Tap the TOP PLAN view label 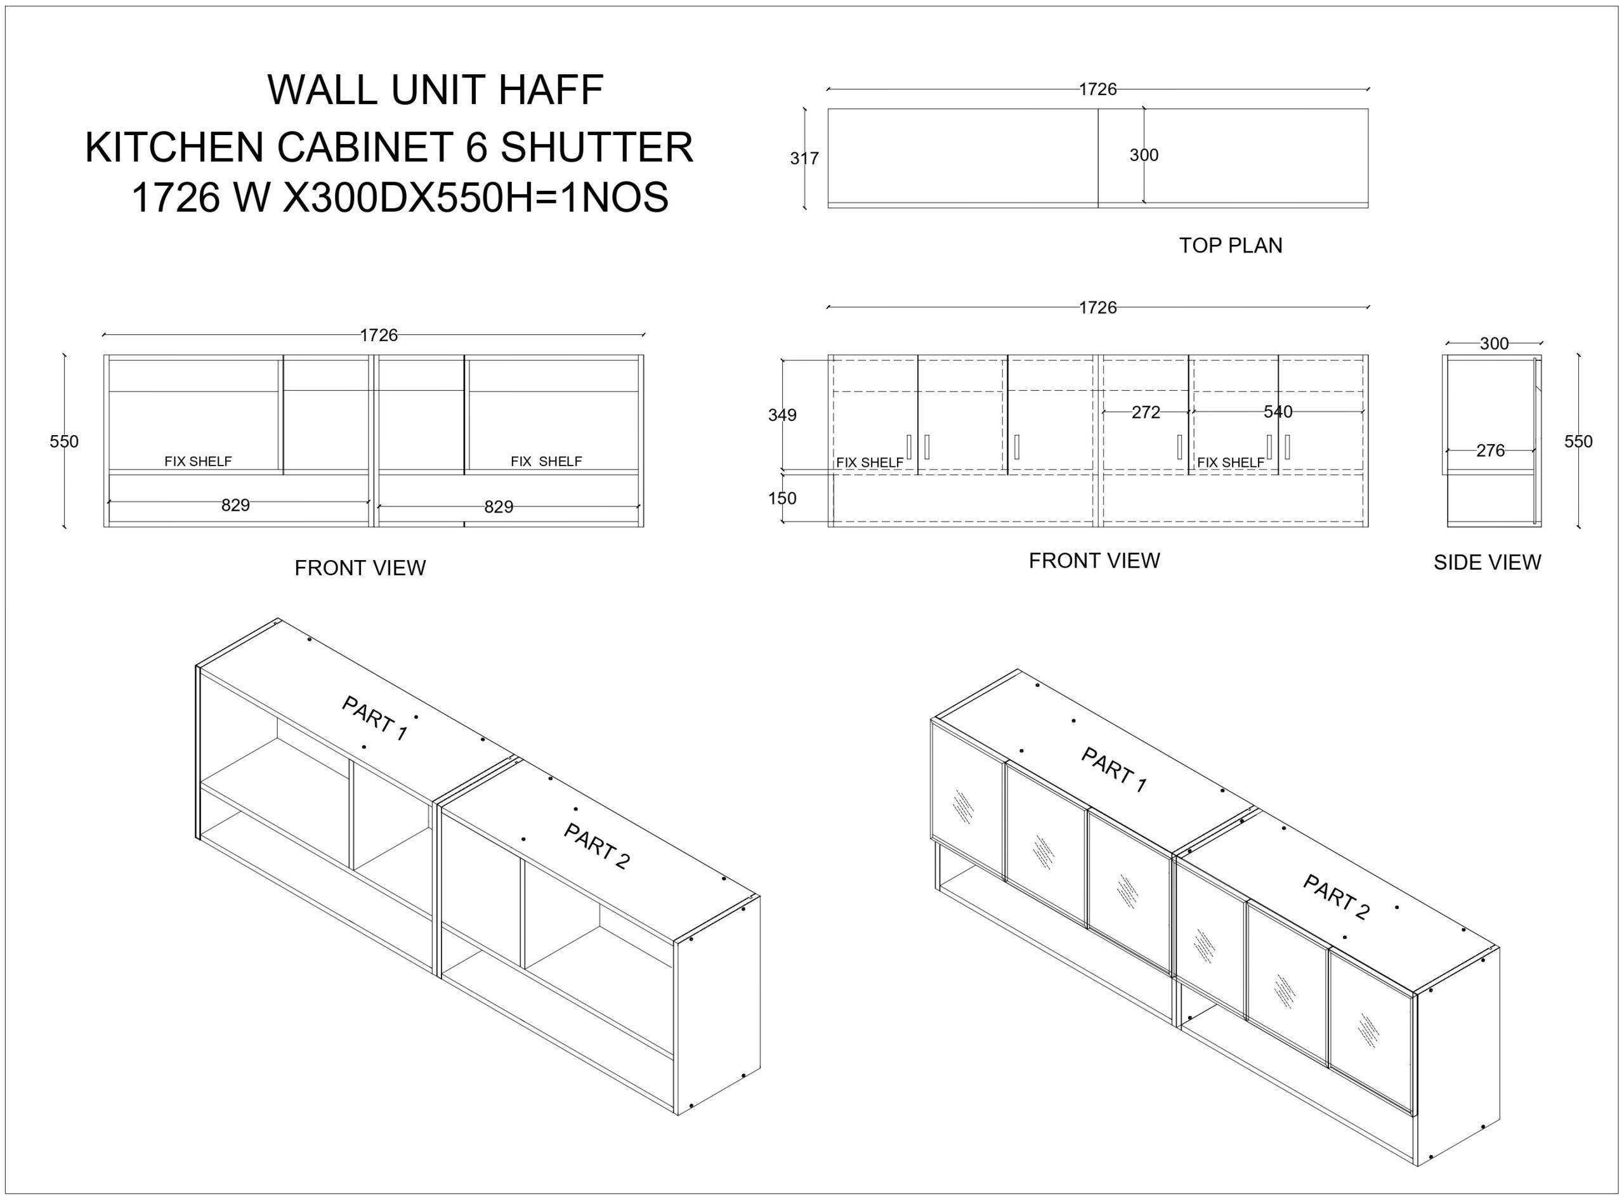point(1231,246)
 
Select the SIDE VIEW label point(1487,562)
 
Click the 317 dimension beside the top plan point(804,159)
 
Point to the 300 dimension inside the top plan point(1144,155)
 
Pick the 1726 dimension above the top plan point(1098,89)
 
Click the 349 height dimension point(782,415)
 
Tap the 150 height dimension point(782,499)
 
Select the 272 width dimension point(1146,412)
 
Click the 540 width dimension point(1278,412)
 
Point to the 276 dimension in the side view point(1490,450)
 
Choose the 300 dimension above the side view point(1494,344)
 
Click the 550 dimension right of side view point(1578,441)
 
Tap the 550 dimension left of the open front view point(63,441)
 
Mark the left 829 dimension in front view point(235,506)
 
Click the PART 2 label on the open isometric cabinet point(597,846)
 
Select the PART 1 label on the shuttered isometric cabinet point(1114,769)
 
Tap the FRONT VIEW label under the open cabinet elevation point(360,568)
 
